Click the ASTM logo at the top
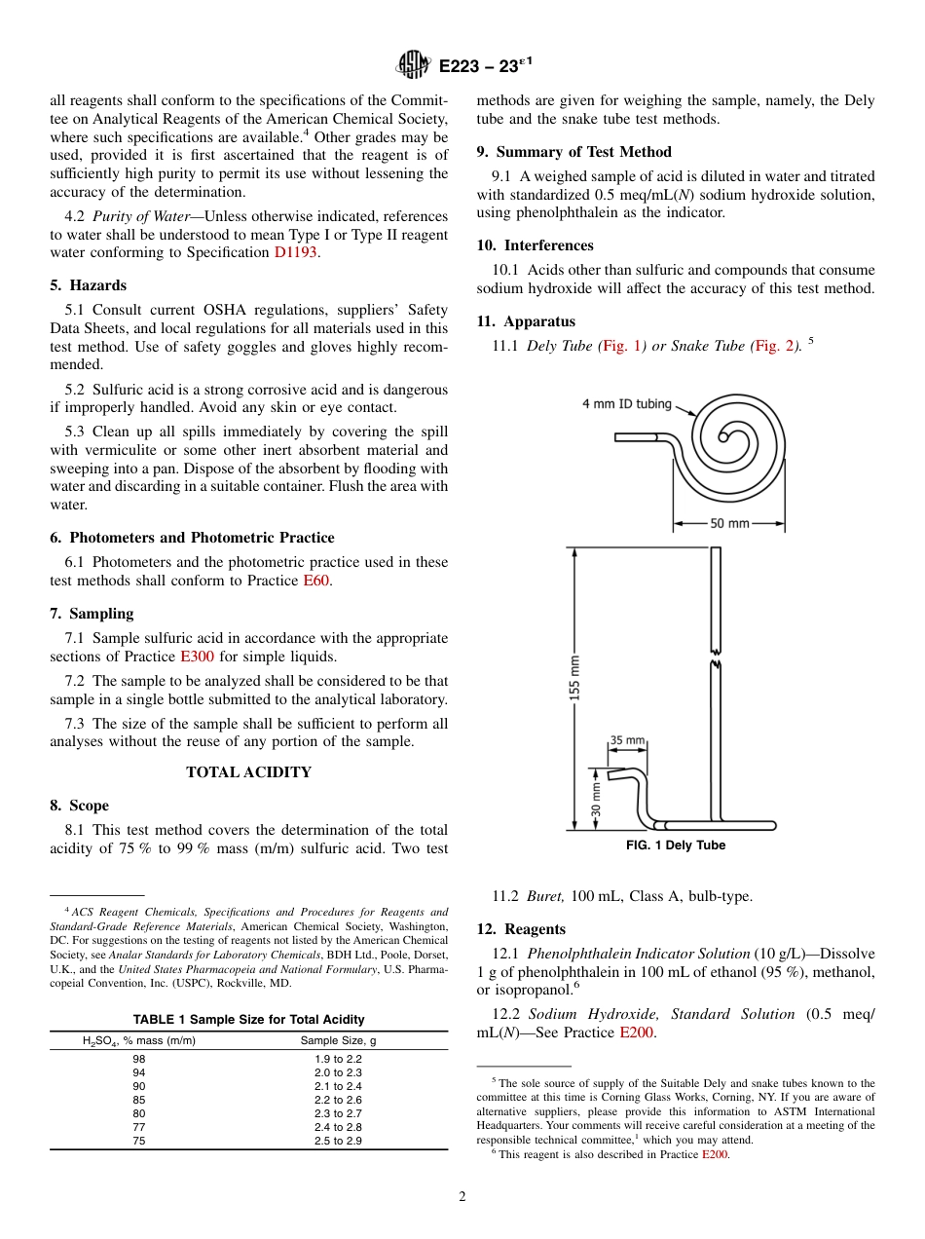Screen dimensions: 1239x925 [413, 66]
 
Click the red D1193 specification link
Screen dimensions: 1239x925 [296, 252]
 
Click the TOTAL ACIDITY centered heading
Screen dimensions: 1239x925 [248, 772]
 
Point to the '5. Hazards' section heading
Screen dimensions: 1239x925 [88, 285]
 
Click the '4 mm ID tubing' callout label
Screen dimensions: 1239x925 [626, 403]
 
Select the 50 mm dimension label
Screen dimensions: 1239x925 [729, 523]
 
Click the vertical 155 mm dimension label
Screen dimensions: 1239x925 [574, 677]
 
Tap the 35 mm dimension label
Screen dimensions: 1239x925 [627, 740]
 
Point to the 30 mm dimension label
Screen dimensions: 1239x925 [596, 798]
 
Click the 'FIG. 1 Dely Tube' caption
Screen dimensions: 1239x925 [676, 845]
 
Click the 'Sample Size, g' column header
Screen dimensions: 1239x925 [338, 1041]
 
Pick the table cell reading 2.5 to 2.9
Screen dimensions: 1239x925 [338, 1141]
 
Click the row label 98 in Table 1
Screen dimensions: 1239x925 [139, 1059]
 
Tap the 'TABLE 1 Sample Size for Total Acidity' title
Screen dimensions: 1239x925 [248, 1019]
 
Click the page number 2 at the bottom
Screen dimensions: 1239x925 [462, 1197]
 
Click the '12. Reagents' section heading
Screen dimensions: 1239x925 [521, 929]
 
